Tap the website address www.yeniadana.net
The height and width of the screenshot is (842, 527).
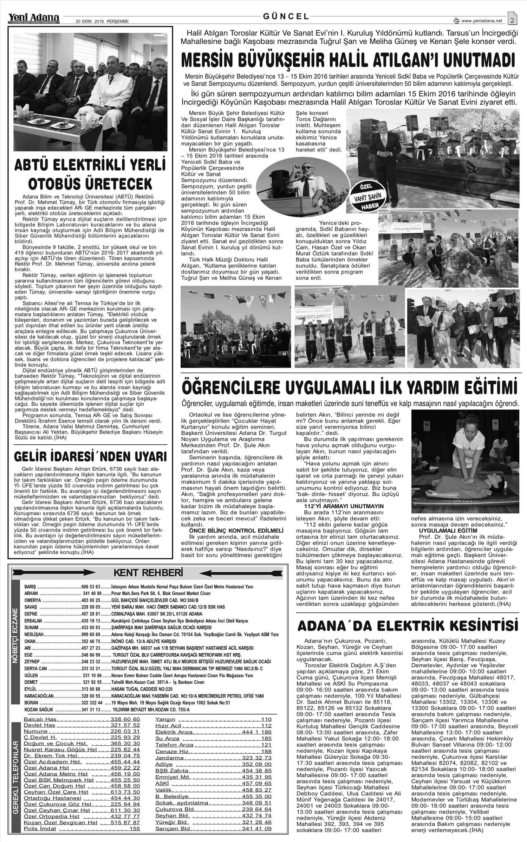click(x=482, y=21)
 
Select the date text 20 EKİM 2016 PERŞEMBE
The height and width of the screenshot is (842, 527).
click(x=102, y=21)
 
